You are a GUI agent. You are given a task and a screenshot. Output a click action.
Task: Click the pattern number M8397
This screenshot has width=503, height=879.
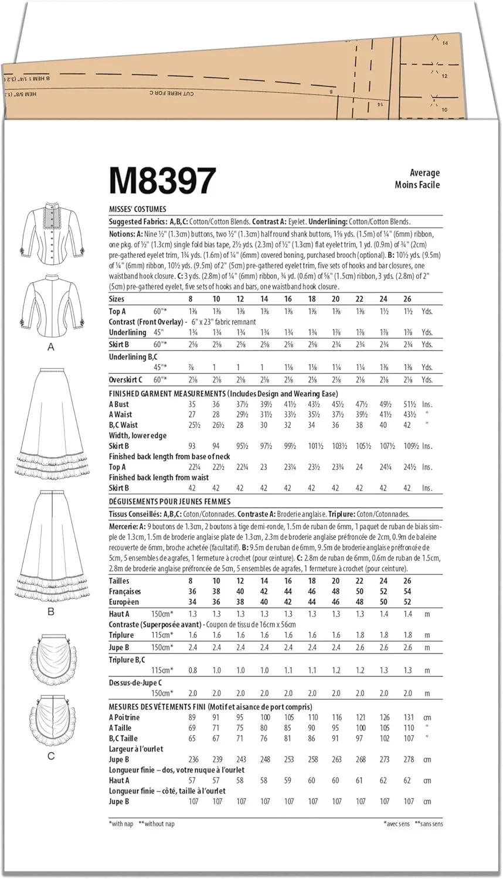tap(162, 180)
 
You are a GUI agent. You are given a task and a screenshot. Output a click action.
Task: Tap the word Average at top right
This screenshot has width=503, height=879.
tap(424, 173)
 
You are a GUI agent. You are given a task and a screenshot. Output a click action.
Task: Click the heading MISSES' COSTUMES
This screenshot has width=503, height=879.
tap(137, 209)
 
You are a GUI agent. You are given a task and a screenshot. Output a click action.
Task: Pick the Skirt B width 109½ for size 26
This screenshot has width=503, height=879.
tap(408, 446)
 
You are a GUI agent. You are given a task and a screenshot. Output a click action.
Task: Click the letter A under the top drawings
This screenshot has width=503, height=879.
tap(51, 347)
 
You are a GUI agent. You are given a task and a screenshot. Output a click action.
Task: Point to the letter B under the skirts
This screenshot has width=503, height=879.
tap(51, 611)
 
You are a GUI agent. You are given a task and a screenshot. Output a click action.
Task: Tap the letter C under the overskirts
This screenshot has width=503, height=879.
tap(51, 755)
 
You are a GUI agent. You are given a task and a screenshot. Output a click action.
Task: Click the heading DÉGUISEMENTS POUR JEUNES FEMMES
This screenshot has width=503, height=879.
tap(169, 502)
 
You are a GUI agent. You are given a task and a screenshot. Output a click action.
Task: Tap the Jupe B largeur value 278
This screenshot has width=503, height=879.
tap(408, 759)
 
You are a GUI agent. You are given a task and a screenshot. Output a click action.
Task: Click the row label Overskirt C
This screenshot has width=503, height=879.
tap(125, 380)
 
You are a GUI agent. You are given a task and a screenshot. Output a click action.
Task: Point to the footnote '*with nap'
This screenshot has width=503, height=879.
tap(121, 824)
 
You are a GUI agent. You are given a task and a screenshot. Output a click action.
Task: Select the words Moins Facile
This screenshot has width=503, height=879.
tap(417, 185)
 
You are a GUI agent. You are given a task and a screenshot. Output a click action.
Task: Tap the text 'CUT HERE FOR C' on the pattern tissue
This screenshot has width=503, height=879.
tap(171, 93)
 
